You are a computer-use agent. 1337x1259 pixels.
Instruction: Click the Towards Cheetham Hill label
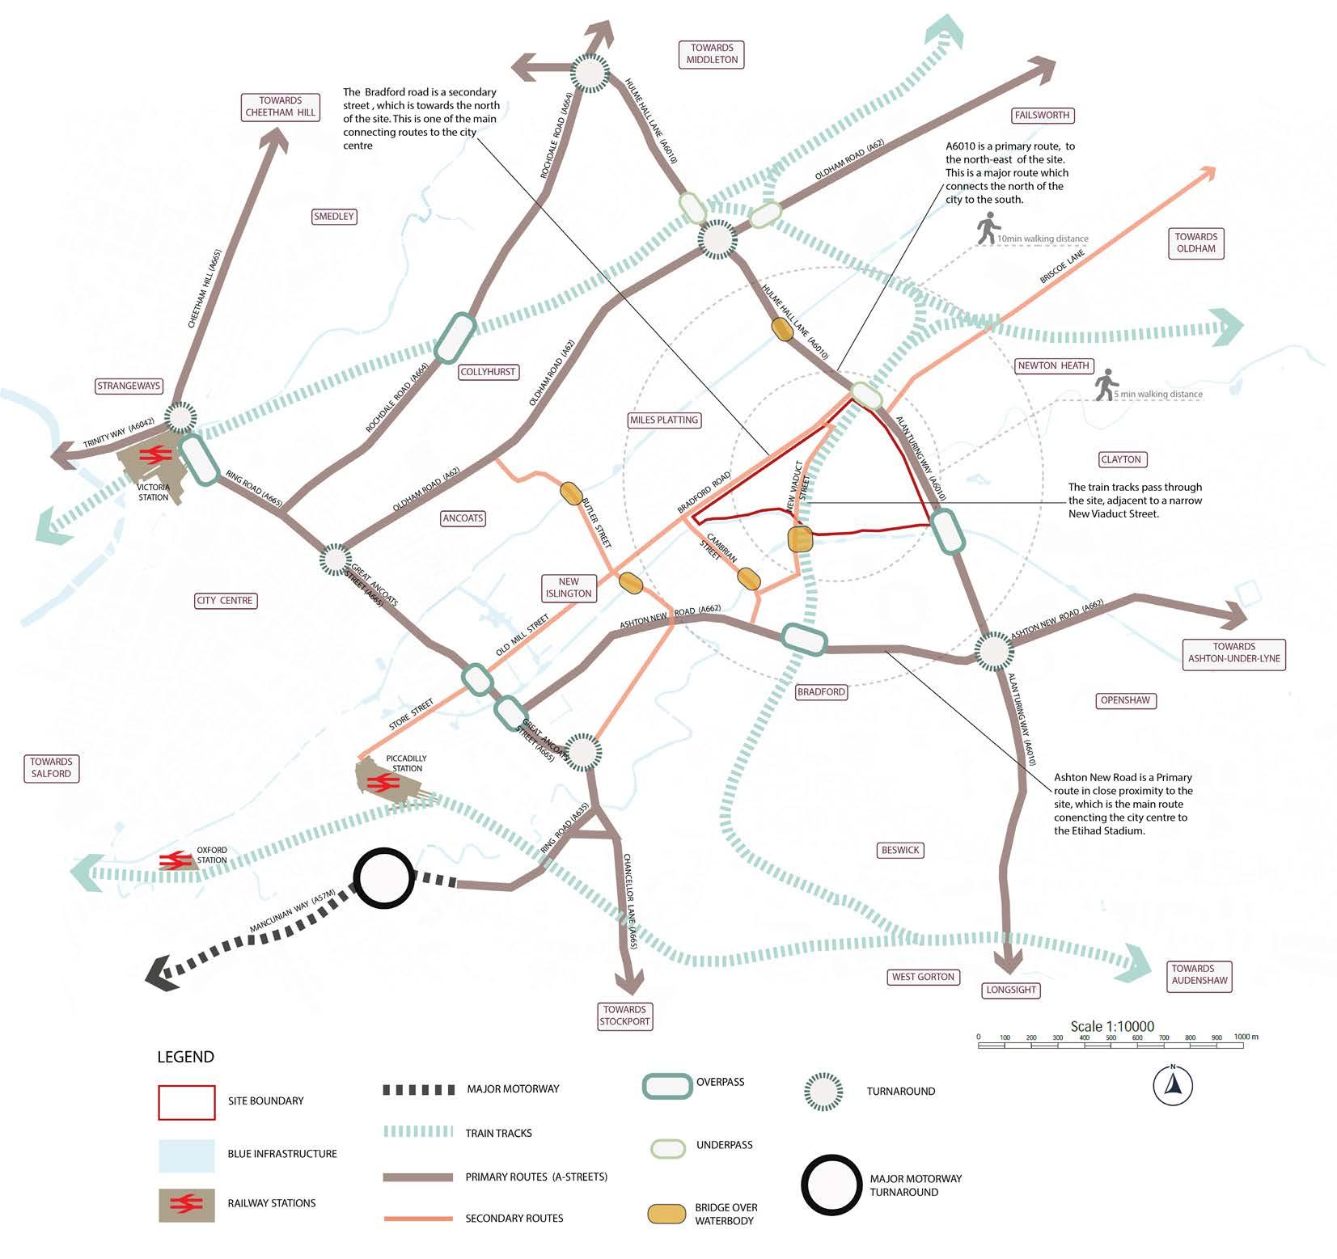[280, 107]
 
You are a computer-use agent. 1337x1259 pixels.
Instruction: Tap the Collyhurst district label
[488, 372]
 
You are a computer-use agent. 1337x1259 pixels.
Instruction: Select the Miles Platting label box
[663, 420]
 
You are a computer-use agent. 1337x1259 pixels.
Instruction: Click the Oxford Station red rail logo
[176, 860]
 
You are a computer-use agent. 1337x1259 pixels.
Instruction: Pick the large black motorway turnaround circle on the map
[383, 879]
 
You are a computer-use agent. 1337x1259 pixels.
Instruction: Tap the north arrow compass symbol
[1172, 1085]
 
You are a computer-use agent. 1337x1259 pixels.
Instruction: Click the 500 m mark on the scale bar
[1111, 1038]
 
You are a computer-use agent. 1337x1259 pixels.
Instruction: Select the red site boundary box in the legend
[187, 1101]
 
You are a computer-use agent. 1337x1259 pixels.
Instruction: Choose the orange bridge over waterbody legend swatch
[666, 1214]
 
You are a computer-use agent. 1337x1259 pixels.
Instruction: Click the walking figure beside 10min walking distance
[986, 230]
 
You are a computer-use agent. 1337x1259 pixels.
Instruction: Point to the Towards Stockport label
[624, 1015]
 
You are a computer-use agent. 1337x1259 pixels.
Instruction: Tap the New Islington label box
[569, 587]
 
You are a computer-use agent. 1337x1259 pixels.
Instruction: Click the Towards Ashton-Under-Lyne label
[1233, 653]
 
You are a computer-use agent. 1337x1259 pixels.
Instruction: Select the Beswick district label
[900, 850]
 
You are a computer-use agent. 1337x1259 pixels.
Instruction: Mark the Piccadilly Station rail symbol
[380, 782]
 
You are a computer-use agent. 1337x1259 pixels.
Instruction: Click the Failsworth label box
[1042, 115]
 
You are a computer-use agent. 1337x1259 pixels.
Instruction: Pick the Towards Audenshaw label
[1199, 974]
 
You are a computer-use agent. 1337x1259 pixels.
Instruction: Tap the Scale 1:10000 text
[1112, 1026]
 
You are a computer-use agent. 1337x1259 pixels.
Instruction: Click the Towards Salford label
[51, 767]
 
